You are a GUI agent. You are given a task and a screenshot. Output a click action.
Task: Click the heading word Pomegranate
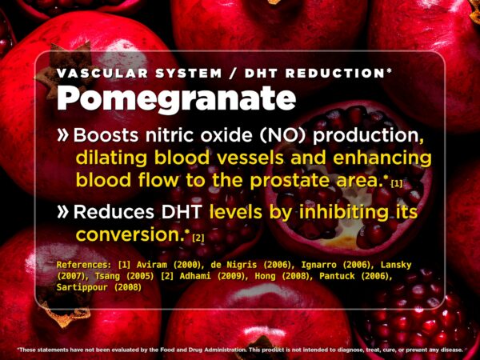tap(176, 98)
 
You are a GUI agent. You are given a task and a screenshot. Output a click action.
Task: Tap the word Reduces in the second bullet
tap(110, 213)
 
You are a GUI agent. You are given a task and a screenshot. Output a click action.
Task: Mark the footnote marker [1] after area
tap(397, 183)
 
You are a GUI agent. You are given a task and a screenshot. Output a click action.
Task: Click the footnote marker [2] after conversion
tap(198, 238)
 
